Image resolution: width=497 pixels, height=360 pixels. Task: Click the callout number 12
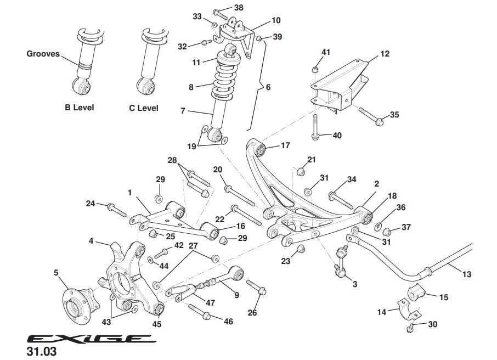(x=384, y=54)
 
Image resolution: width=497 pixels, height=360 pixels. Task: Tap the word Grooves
(x=43, y=54)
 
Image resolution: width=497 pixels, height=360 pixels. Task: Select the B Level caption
(x=79, y=108)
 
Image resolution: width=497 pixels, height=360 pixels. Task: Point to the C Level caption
(x=144, y=108)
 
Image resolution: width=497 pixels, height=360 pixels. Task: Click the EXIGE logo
(x=88, y=339)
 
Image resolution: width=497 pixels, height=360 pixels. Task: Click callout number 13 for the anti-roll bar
(x=467, y=274)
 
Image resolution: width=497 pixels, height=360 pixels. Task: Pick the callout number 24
(x=91, y=204)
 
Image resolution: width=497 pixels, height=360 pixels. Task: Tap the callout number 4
(x=92, y=240)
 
